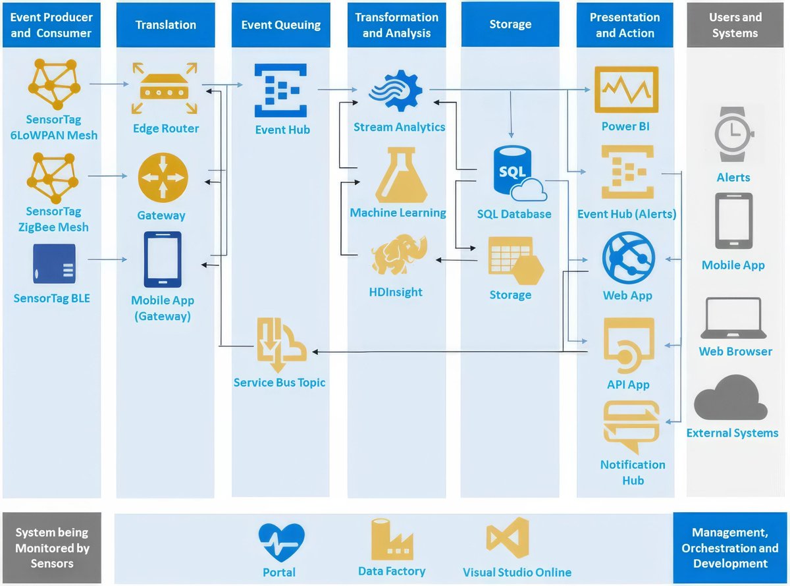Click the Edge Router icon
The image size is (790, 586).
point(165,89)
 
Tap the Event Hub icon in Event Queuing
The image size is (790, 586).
point(281,90)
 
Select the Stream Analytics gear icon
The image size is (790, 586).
point(396,92)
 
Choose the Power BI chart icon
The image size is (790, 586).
point(626,90)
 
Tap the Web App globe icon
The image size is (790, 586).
point(628,258)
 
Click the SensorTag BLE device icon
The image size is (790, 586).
point(54,264)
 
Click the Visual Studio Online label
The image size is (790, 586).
point(517,572)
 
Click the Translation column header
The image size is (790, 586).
point(165,25)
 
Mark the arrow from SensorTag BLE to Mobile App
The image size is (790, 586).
point(107,259)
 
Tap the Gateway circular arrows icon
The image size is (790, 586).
point(163,178)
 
